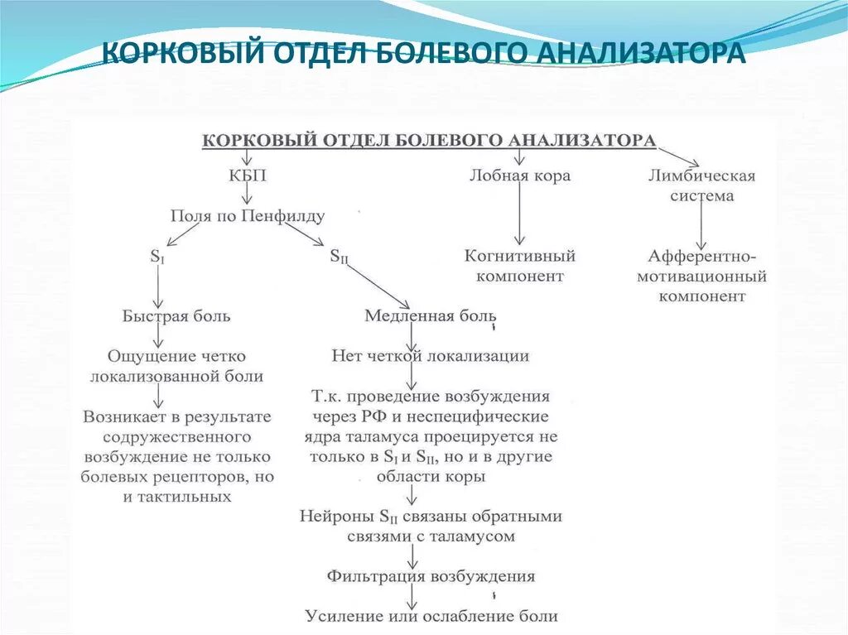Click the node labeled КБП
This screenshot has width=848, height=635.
pos(248,176)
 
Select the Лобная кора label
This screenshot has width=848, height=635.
pos(520,176)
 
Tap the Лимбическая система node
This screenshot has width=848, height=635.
pos(702,185)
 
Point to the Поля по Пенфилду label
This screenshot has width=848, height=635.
pos(248,216)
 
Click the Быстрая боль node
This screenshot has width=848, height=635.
pos(176,315)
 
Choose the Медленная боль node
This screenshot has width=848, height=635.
pos(431,315)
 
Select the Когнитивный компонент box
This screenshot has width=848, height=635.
pos(520,266)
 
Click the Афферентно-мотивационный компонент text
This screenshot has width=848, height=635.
pos(702,275)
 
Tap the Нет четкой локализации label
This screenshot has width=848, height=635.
pos(430,356)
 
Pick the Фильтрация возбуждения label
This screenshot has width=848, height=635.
pos(431,575)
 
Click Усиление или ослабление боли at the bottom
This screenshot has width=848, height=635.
pos(431,616)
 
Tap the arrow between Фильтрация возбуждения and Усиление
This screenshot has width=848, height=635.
pos(412,596)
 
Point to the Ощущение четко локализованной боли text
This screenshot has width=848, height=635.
pos(176,366)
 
